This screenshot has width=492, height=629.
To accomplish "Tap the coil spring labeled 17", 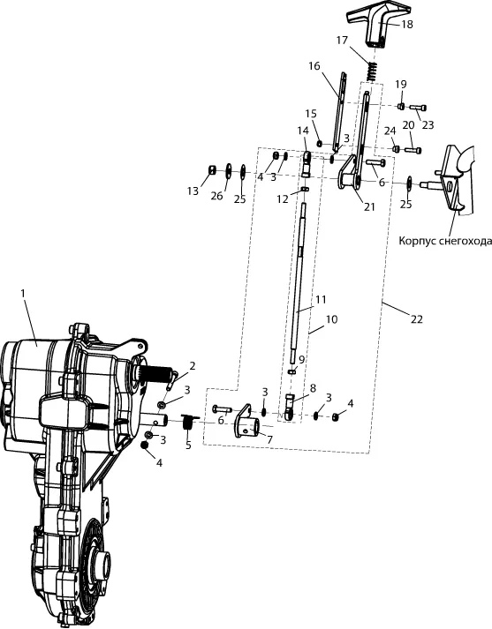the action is click(x=373, y=72).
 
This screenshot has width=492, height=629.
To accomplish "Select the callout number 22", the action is click(x=417, y=319).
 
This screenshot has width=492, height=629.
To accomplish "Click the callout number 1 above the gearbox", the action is click(x=23, y=293).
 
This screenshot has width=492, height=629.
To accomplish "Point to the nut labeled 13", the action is click(x=213, y=170).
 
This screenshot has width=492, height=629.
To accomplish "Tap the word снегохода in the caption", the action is click(x=466, y=241).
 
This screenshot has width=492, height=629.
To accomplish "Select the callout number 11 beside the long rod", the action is click(x=321, y=300).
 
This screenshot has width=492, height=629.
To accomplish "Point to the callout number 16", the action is click(x=314, y=66).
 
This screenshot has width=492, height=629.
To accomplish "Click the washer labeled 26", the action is click(x=228, y=169).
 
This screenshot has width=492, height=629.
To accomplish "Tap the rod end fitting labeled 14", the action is click(x=307, y=164).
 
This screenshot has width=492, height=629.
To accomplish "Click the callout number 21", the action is click(x=369, y=207).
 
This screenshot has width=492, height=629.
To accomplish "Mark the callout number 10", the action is click(x=332, y=319).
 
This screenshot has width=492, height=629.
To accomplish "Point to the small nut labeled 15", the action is click(x=320, y=143).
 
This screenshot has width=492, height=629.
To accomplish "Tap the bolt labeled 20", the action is click(x=413, y=151).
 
